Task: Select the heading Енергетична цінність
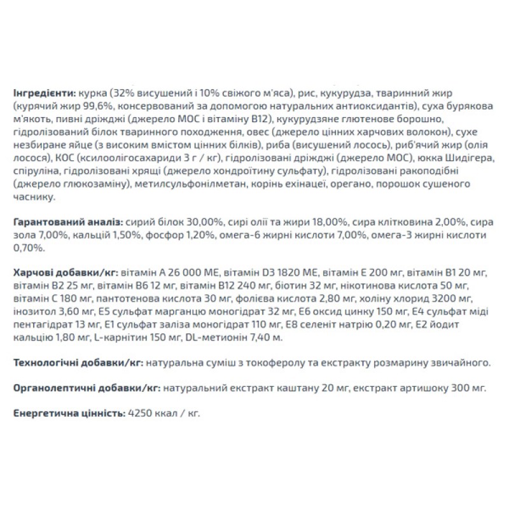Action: point(68,413)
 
